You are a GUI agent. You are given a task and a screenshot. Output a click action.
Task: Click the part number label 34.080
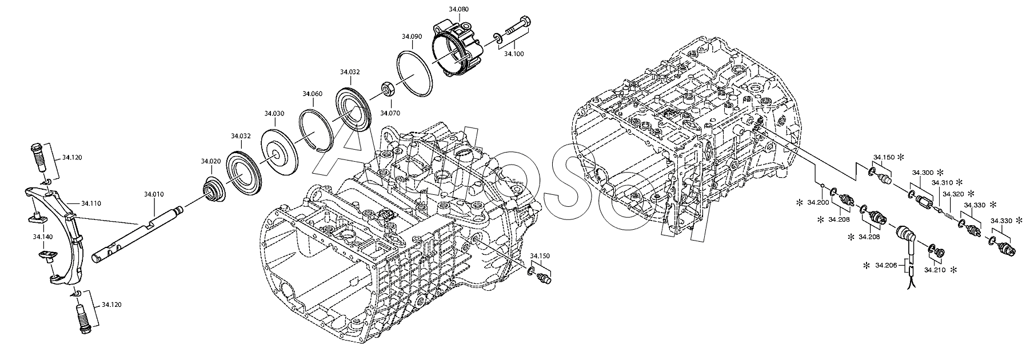[x=458, y=9]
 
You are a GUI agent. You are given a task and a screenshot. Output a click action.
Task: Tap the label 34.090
[x=412, y=36]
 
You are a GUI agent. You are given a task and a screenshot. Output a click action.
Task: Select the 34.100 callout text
[x=513, y=53]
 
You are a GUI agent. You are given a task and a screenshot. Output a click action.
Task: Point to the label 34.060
[x=313, y=94]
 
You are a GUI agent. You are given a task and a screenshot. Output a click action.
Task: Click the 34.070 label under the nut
[x=390, y=113]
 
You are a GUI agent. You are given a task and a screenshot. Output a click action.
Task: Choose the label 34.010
[x=154, y=195]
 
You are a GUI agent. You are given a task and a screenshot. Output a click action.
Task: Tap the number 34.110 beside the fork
[x=91, y=203]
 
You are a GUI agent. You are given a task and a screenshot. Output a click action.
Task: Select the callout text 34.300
[x=923, y=173]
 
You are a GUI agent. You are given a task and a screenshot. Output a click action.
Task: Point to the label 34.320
[x=953, y=194]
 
